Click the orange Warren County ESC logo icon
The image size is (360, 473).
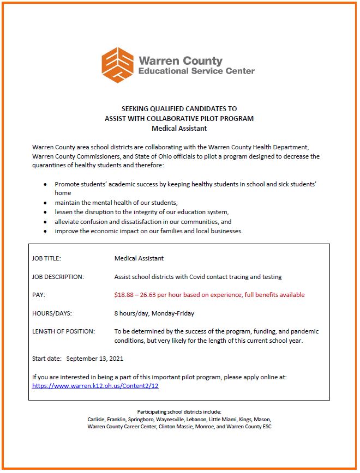coord(118,65)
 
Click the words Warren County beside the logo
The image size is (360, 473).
coord(181,60)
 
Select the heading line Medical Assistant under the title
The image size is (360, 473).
coord(179,129)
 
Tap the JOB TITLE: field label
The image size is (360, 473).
coord(47,258)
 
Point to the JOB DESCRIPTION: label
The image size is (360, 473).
coord(58,277)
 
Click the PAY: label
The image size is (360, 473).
coord(39,295)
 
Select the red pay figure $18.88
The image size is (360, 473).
coord(125,295)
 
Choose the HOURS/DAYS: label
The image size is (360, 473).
coord(52,313)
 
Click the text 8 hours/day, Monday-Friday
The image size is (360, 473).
coord(154,313)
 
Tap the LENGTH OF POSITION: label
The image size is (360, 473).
coord(64,331)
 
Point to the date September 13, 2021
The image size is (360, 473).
coord(95,359)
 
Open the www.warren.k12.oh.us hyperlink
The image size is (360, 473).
coord(95,385)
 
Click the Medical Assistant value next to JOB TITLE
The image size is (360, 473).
coord(139,258)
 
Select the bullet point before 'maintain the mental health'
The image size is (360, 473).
coord(45,203)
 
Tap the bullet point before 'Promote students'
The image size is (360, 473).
coord(45,185)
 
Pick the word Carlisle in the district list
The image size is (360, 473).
coord(97,420)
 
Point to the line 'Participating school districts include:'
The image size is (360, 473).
coord(179,412)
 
